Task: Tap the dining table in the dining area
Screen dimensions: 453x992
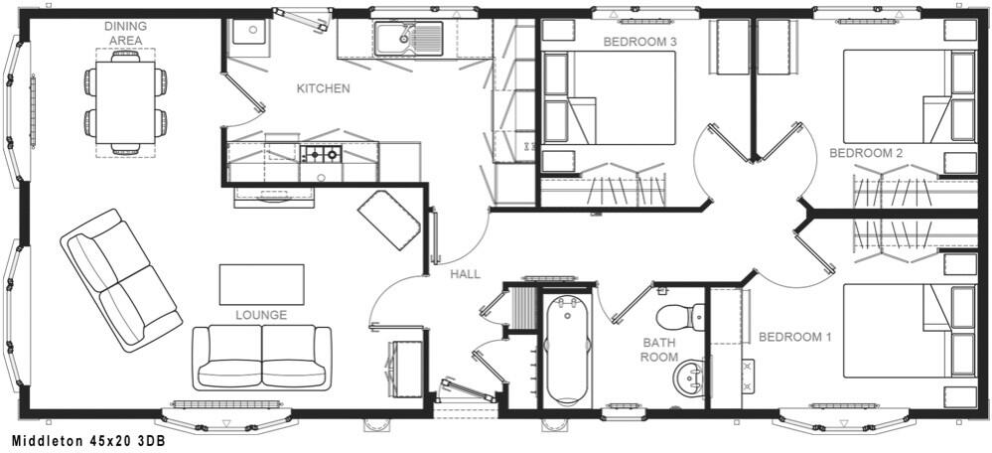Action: [x=125, y=103]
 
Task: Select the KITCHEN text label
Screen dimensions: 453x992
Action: [x=323, y=88]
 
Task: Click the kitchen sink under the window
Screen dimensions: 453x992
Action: [x=408, y=41]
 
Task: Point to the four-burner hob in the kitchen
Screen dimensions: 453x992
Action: [x=321, y=154]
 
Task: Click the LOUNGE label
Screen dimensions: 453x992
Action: [x=261, y=315]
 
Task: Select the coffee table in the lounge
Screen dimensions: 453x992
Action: [x=261, y=283]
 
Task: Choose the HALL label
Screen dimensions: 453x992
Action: [x=465, y=274]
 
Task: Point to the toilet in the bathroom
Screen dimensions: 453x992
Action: [x=684, y=315]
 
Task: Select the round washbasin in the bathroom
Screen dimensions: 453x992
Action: [x=687, y=377]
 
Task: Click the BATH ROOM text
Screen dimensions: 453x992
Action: [x=658, y=350]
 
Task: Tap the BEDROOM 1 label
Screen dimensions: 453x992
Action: [x=794, y=337]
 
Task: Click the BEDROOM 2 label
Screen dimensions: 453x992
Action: [x=865, y=153]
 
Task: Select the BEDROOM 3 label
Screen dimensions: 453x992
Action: [x=639, y=42]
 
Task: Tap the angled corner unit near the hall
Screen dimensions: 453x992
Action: [x=388, y=220]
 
